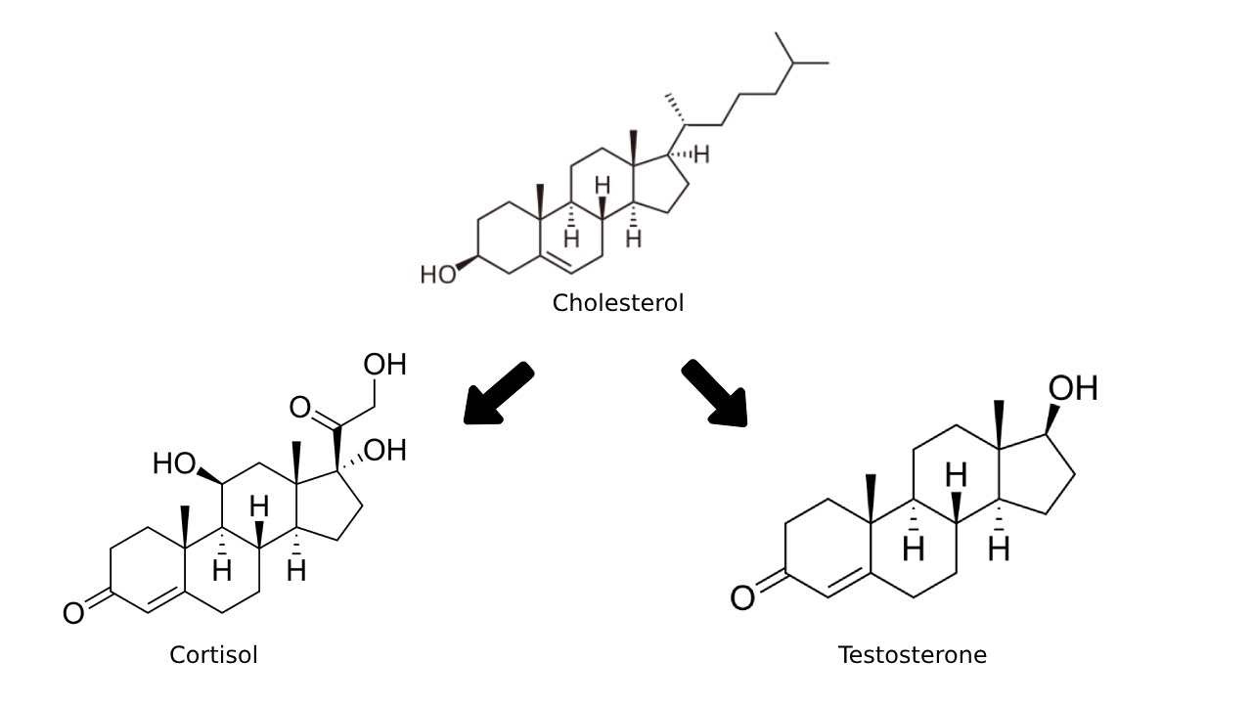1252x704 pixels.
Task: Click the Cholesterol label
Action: (x=617, y=303)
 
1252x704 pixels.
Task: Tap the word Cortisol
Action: (x=213, y=655)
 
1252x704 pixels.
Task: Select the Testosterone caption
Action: (x=912, y=655)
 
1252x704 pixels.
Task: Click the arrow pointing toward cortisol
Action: (x=497, y=395)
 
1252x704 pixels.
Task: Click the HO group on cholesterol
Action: (x=438, y=275)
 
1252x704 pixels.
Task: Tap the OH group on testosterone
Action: (x=1072, y=388)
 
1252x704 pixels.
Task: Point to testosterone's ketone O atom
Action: (x=742, y=597)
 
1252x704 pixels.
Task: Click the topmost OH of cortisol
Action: (x=384, y=365)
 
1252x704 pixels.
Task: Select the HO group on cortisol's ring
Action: (x=174, y=462)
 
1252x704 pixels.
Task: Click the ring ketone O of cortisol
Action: (x=73, y=614)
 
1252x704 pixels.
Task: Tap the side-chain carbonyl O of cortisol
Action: (x=299, y=407)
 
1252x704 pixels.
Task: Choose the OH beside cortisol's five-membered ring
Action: (x=384, y=450)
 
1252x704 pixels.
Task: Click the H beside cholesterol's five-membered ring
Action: (x=701, y=155)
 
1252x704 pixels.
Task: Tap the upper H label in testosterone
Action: (x=956, y=476)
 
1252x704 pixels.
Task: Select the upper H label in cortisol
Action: (x=258, y=506)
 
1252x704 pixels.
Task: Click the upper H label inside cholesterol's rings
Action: (x=603, y=185)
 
